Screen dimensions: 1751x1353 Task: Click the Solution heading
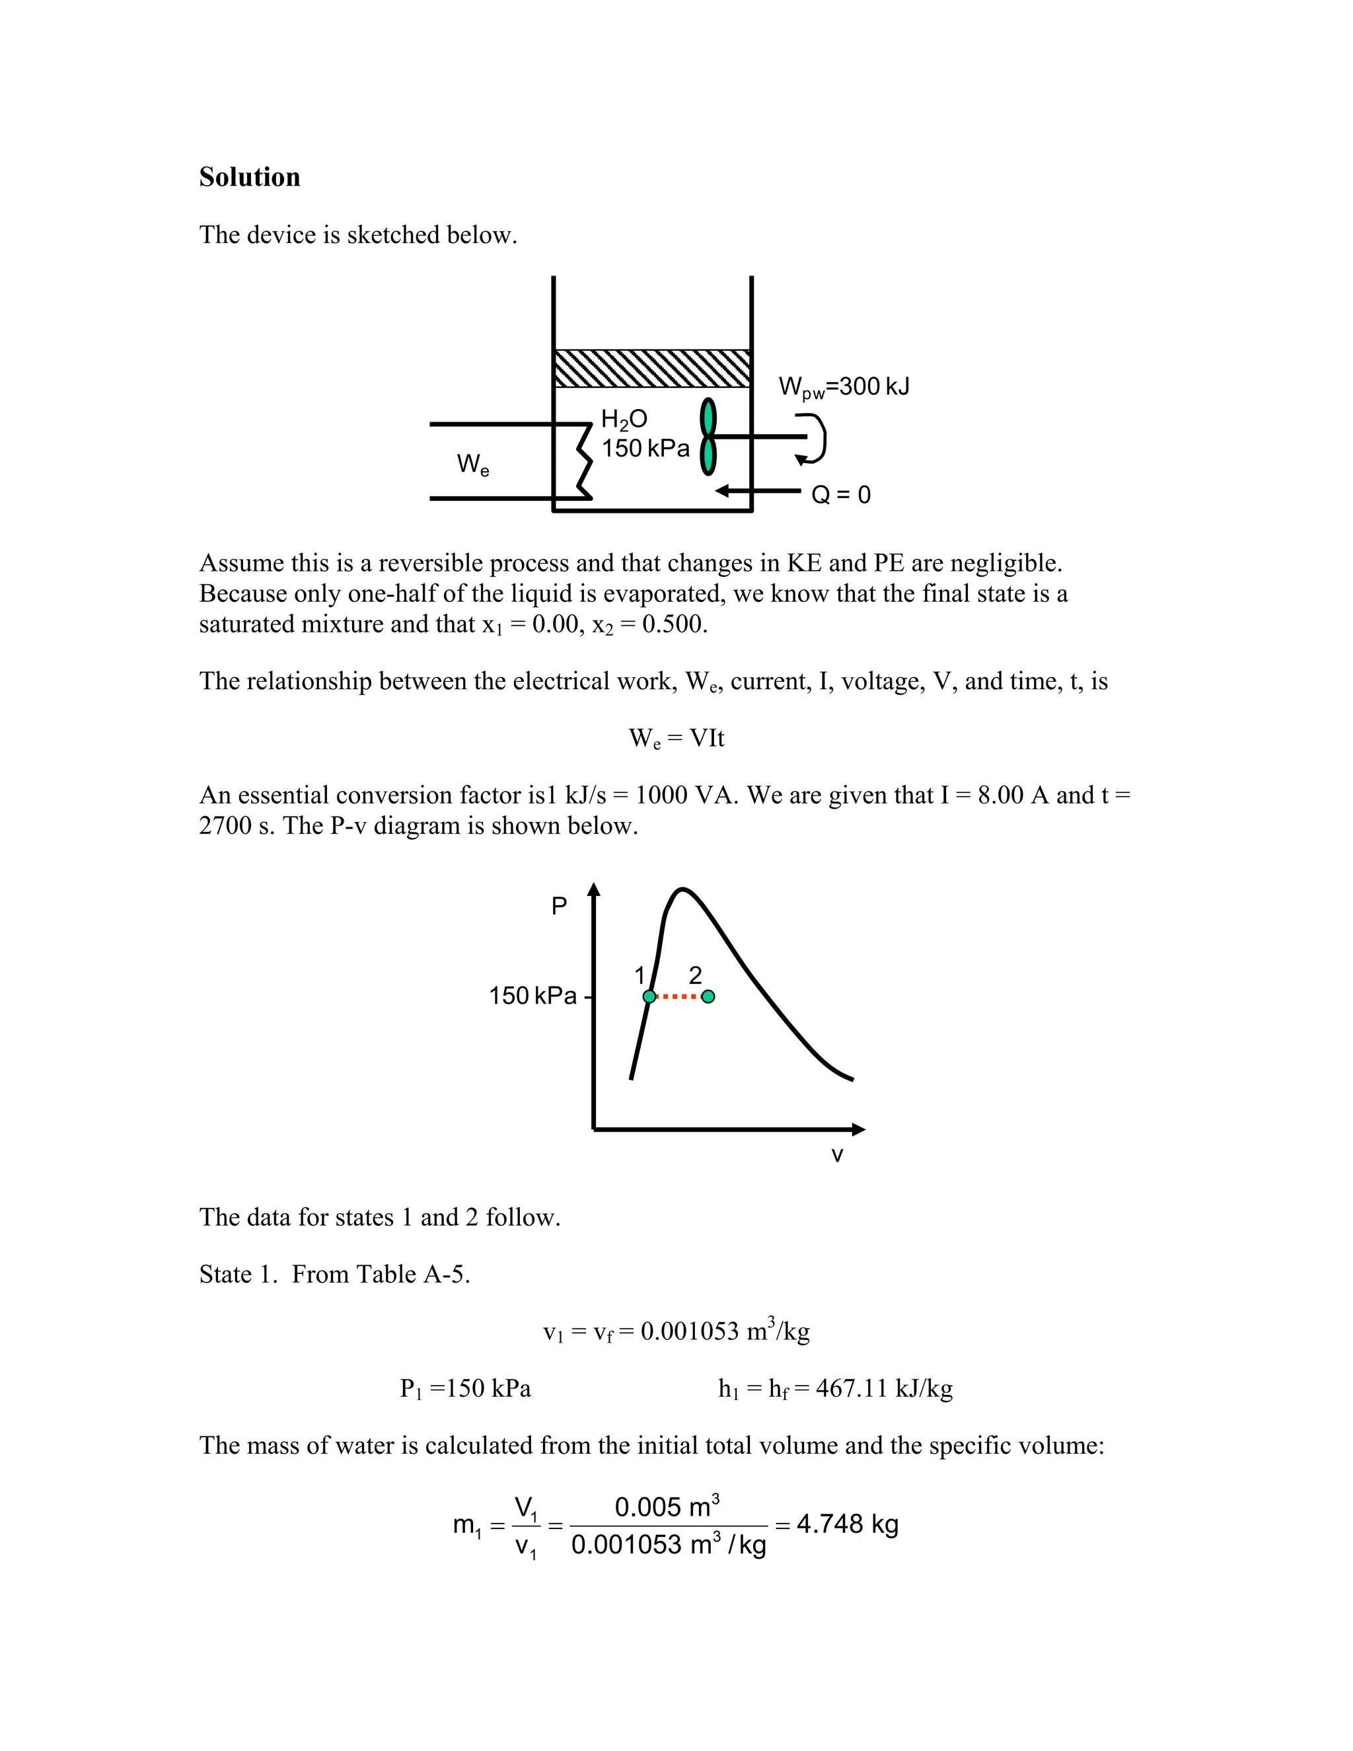coord(249,177)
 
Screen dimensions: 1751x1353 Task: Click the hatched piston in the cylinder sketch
coord(651,369)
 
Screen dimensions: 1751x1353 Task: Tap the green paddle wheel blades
coord(708,437)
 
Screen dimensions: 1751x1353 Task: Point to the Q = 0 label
coord(840,495)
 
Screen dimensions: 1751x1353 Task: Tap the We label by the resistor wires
coord(472,465)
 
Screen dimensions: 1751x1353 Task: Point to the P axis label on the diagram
coord(559,906)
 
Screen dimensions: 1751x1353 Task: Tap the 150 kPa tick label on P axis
coord(532,996)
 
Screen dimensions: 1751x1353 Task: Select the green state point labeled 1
coord(649,996)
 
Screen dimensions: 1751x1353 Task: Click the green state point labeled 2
coord(708,996)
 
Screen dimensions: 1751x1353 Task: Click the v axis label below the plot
coord(837,1155)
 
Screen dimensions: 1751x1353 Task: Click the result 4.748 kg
coord(846,1524)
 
